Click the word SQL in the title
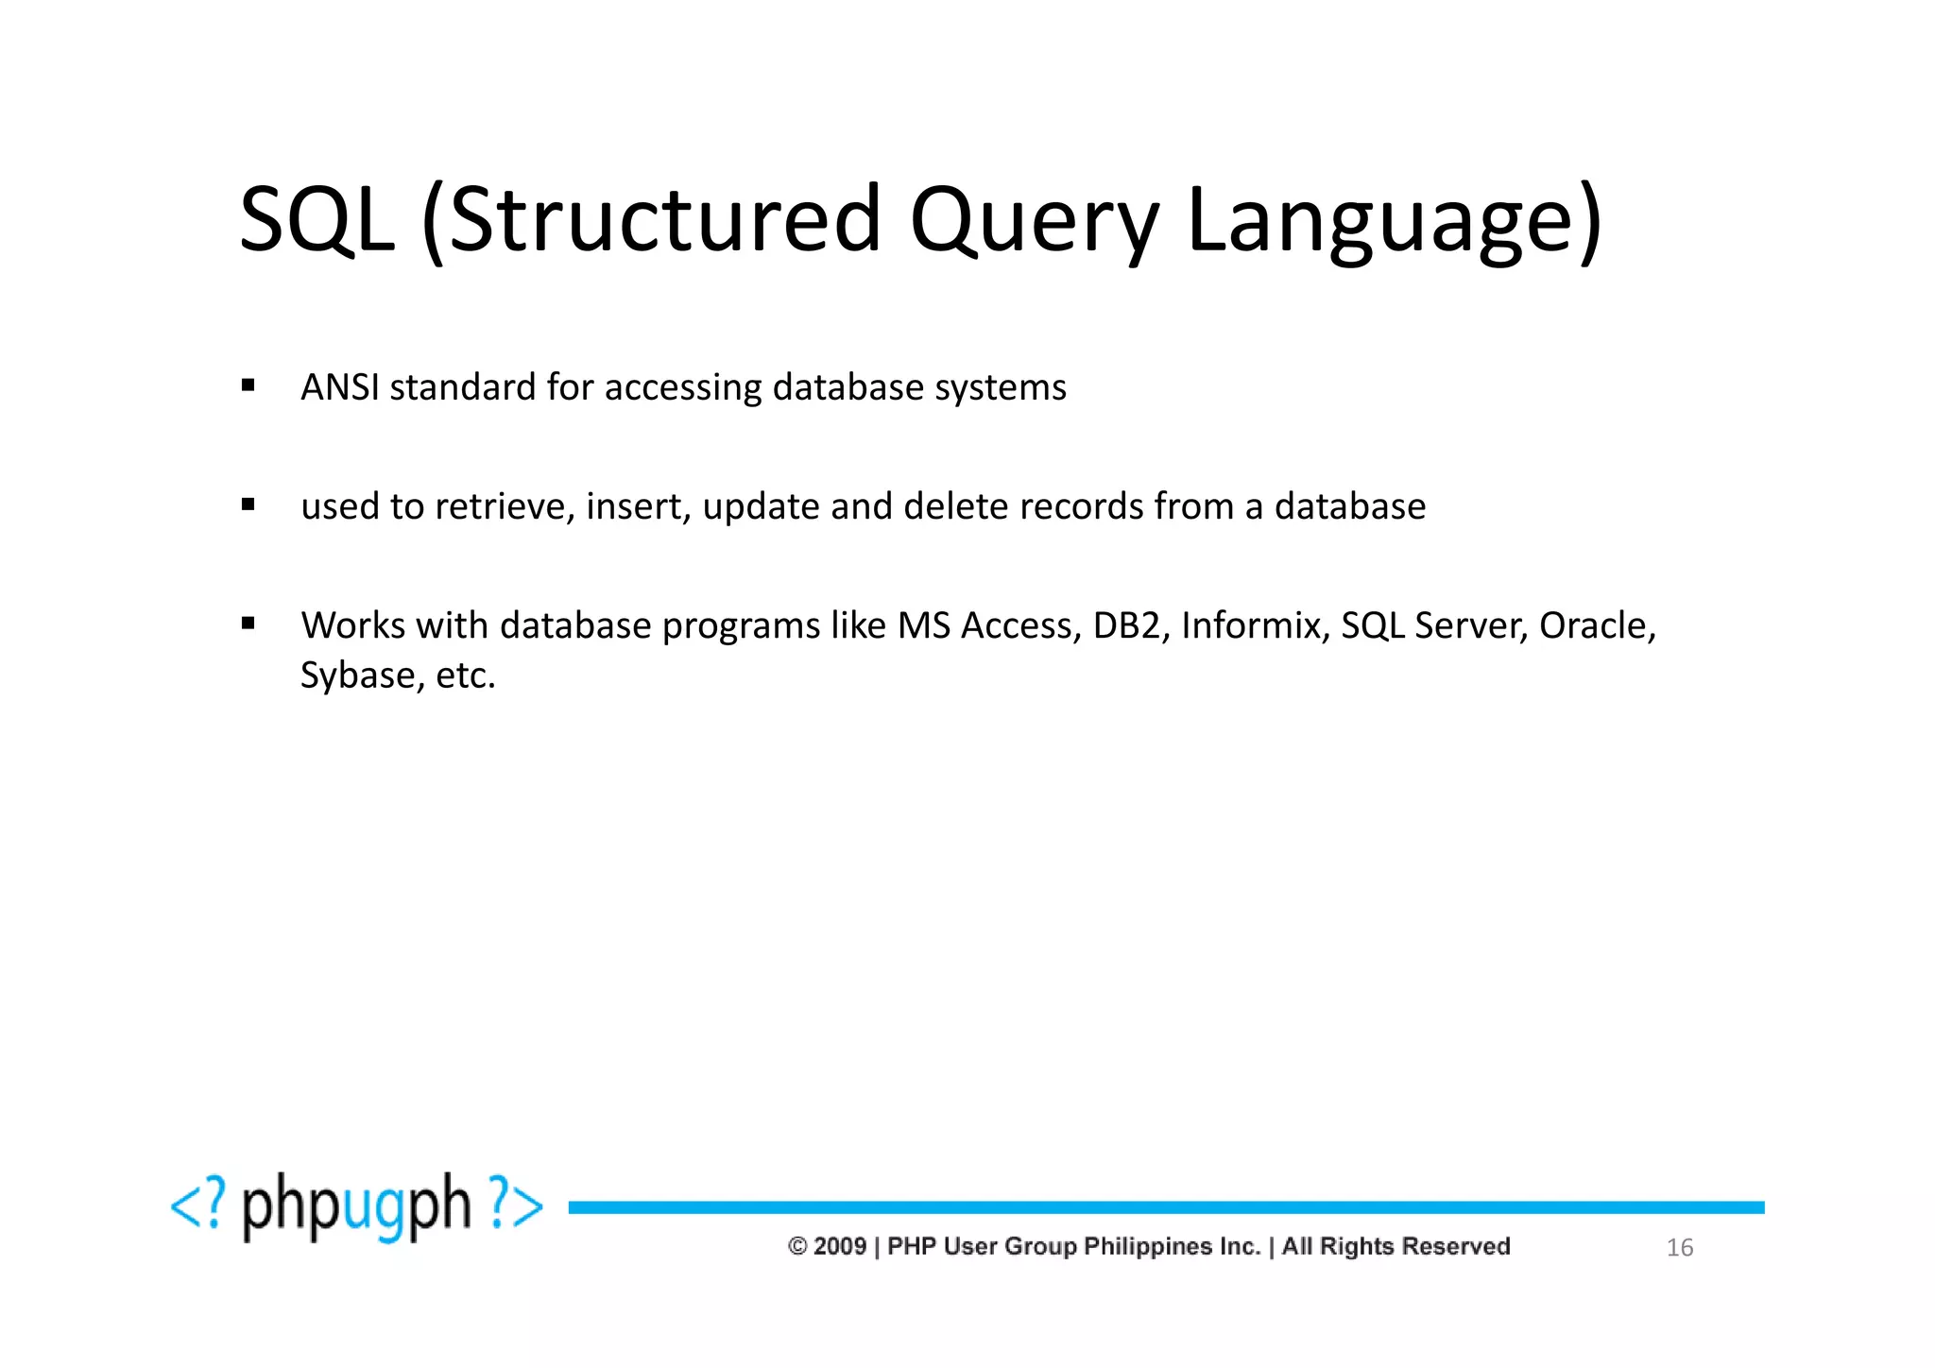coord(317,220)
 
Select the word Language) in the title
coord(1394,220)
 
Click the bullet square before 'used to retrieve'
coord(248,504)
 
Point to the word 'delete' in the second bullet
coord(956,506)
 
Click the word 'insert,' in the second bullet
coord(639,506)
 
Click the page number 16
coord(1679,1248)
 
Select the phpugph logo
coord(356,1206)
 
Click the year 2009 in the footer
coord(839,1246)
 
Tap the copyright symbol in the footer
coord(796,1246)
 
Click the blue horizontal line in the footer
coord(1166,1207)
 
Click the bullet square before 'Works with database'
coord(248,624)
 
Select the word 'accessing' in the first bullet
coord(683,387)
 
